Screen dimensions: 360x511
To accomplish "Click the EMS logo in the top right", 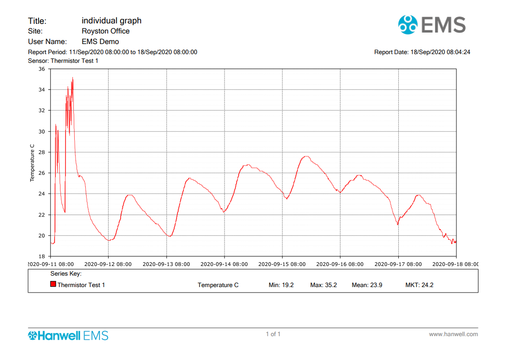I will tap(432, 25).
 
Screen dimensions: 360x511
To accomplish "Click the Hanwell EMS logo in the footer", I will tap(68, 335).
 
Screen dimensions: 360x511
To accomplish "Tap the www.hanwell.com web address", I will tap(453, 334).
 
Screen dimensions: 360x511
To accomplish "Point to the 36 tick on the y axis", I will tap(41, 69).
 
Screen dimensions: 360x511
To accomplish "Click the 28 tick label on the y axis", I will tap(41, 152).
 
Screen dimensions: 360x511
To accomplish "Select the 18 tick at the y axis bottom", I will tap(41, 256).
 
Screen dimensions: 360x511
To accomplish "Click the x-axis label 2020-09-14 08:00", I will tap(224, 264).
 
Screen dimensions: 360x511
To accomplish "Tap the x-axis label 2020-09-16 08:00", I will tap(340, 264).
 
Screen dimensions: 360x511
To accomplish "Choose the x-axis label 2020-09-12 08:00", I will tap(108, 264).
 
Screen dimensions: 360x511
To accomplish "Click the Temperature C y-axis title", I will tap(32, 163).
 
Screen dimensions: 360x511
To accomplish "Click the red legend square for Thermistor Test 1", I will tap(53, 284).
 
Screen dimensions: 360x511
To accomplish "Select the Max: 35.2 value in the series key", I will tap(324, 285).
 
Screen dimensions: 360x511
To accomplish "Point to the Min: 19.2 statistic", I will tap(281, 285).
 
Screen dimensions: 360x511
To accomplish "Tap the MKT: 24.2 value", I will tap(419, 285).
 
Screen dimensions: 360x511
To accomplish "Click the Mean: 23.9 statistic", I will tap(367, 285).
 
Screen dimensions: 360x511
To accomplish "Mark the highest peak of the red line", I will tap(73, 78).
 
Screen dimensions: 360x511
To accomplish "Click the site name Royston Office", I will tap(105, 31).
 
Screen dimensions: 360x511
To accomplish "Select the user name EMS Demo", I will tap(100, 42).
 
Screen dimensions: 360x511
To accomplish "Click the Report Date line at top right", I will tap(422, 52).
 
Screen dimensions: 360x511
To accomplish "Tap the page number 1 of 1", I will tap(273, 334).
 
